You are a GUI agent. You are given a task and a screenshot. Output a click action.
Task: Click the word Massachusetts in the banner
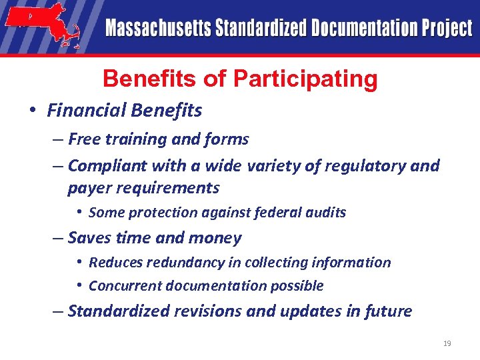(157, 29)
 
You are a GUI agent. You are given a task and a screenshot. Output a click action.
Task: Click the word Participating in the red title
(305, 79)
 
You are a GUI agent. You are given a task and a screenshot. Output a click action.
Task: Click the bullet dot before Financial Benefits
(32, 110)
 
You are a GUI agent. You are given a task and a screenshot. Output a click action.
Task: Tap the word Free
(83, 139)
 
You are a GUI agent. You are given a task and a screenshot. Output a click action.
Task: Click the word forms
(229, 139)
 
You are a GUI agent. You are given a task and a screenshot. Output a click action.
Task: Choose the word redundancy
(179, 262)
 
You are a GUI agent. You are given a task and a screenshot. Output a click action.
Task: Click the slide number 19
(447, 343)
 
